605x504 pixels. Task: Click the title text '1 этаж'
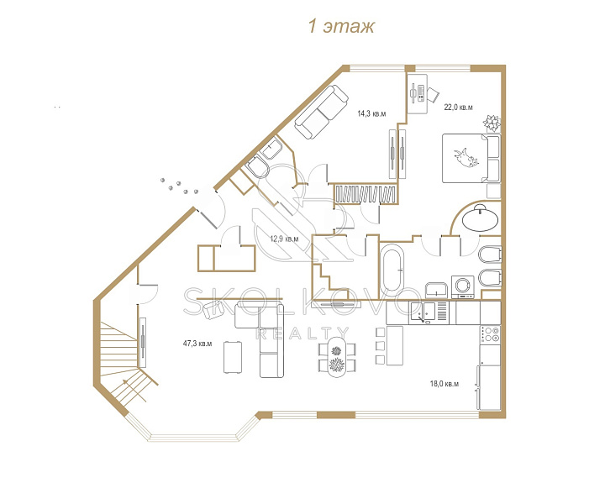pyautogui.click(x=341, y=27)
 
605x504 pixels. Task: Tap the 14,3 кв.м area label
pyautogui.click(x=371, y=113)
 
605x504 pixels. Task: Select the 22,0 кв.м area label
pyautogui.click(x=458, y=108)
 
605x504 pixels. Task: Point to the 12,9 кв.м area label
pyautogui.click(x=284, y=239)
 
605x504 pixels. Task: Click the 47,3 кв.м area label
pyautogui.click(x=197, y=344)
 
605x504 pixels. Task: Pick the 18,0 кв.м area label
pyautogui.click(x=445, y=384)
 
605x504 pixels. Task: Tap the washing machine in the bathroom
pyautogui.click(x=463, y=286)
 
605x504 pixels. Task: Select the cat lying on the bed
pyautogui.click(x=467, y=157)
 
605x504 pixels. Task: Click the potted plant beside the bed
pyautogui.click(x=492, y=123)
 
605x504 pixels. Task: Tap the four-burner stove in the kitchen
pyautogui.click(x=490, y=334)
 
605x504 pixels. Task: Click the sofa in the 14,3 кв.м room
pyautogui.click(x=321, y=113)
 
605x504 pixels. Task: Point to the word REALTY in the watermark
pyautogui.click(x=302, y=333)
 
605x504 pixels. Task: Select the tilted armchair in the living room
pyautogui.click(x=213, y=310)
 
